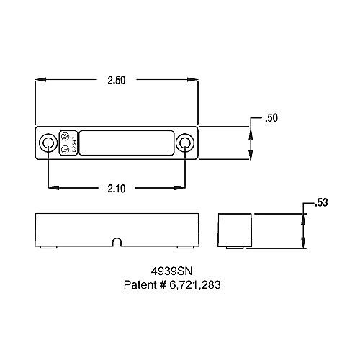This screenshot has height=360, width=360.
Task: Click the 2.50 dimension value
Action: [117, 81]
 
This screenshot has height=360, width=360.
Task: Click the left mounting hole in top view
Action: [48, 143]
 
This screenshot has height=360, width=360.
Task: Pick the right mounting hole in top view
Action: [186, 143]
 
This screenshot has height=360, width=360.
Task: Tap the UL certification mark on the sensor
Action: [65, 150]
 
